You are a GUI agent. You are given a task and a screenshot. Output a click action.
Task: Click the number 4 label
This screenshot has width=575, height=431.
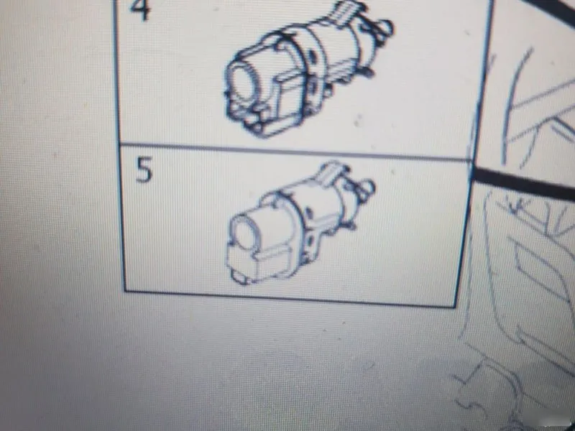pos(140,9)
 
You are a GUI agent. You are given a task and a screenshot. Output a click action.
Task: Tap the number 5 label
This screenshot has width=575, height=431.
pos(144,170)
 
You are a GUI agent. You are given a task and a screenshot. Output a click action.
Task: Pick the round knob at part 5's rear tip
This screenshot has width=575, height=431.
pos(367,187)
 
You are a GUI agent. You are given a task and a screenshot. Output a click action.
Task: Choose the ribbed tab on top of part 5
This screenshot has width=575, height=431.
pos(332,172)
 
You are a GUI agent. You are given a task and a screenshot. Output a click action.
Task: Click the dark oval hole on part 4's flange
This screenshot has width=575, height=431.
pos(312,56)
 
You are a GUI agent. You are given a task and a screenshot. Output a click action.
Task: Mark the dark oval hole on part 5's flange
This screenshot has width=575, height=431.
pos(308,213)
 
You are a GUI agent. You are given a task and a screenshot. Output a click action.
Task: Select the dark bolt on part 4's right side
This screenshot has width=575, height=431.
pos(368,71)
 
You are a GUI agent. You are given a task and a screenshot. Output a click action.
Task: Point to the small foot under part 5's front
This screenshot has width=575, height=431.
pos(239,279)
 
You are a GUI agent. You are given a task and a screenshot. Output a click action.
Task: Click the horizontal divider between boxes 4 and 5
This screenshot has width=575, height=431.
pos(295,152)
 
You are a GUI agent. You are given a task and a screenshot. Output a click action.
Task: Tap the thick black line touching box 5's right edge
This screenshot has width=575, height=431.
pos(523,185)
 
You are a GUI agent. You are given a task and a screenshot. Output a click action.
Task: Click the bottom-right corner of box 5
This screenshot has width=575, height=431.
pos(455,305)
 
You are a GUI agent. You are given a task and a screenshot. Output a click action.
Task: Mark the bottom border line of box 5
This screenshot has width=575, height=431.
pos(290,298)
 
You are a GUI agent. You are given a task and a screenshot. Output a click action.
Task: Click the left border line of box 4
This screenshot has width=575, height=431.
pos(117,71)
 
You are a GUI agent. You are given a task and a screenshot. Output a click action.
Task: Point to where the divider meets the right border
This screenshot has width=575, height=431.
pos(472,160)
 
